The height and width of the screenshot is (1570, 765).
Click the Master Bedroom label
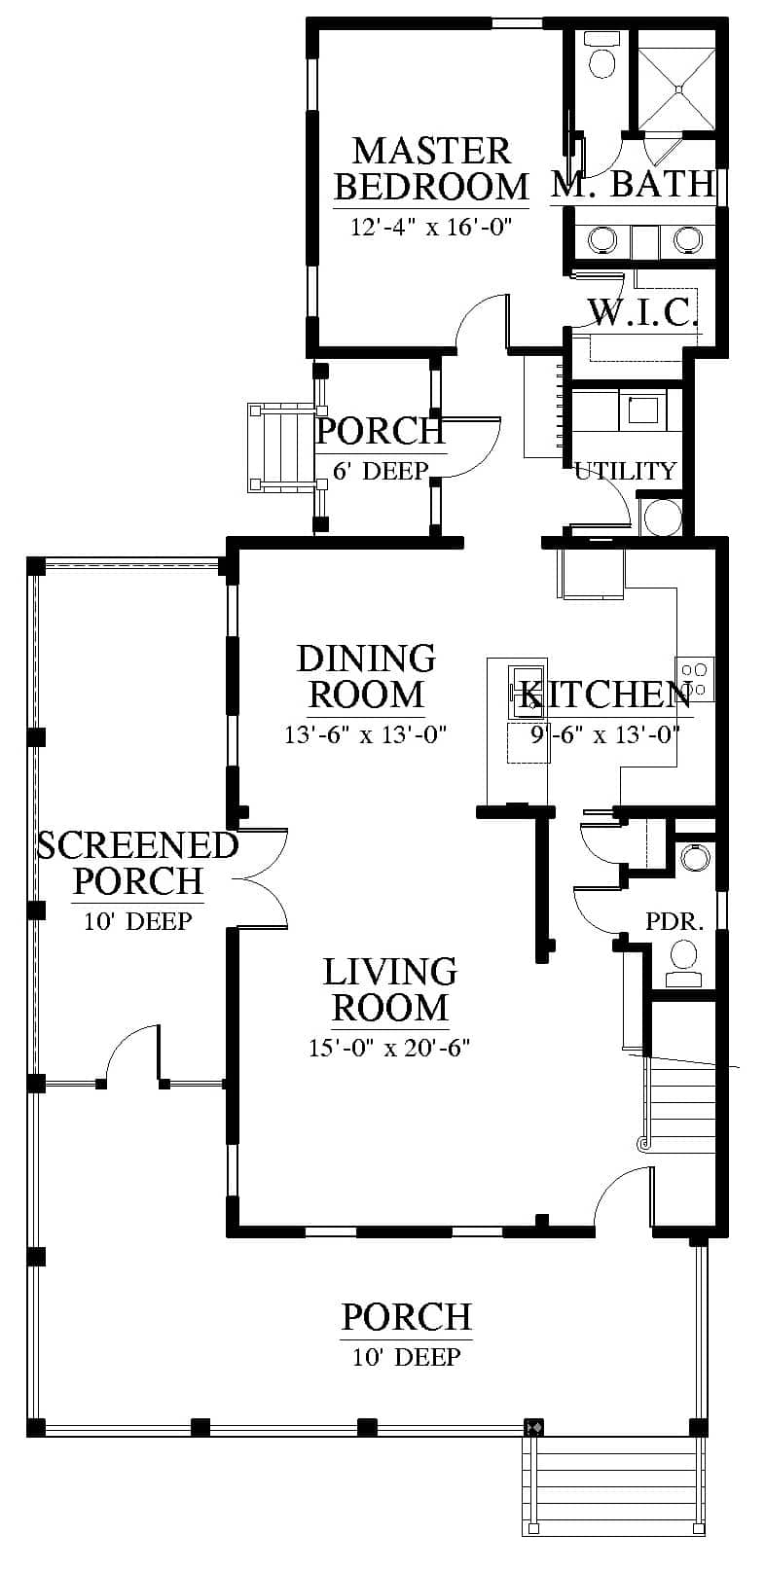click(x=431, y=169)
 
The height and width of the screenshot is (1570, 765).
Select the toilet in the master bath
click(x=601, y=55)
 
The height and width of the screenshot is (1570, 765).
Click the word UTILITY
click(x=626, y=470)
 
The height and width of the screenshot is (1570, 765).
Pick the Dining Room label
click(x=366, y=676)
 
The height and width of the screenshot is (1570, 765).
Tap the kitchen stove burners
click(x=695, y=679)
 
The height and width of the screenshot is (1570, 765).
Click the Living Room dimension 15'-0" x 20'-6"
click(x=389, y=1047)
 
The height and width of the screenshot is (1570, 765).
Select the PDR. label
click(x=674, y=922)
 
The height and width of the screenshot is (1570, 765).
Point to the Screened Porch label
click(x=137, y=863)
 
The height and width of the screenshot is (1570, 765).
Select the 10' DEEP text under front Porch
click(x=407, y=1357)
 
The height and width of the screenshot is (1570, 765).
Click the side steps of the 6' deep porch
click(x=280, y=447)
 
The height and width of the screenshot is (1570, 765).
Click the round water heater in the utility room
click(x=662, y=517)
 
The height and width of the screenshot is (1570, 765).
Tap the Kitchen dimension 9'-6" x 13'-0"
click(x=604, y=734)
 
